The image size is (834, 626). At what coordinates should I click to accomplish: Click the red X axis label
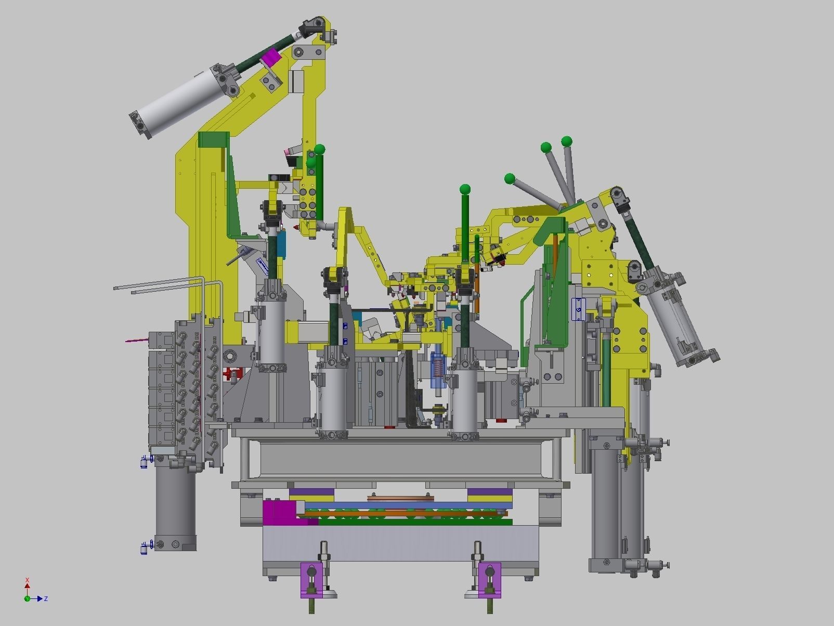coord(27,580)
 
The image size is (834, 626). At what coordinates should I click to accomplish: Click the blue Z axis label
coord(46,599)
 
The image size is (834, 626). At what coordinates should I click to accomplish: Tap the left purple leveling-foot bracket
coord(311,580)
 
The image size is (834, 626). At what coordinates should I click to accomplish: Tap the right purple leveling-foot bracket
coord(489,580)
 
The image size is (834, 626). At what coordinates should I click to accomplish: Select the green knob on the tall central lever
coord(465,189)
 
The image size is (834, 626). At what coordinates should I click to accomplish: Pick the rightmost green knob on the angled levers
coord(566,141)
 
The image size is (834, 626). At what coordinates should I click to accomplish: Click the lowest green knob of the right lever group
coord(510,179)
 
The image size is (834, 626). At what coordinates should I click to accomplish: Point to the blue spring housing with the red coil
coord(438,369)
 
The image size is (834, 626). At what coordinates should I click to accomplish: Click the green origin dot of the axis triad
coord(27,598)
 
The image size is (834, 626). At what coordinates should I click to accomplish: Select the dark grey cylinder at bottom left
coord(175,504)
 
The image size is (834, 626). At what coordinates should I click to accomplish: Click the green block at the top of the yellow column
coord(213,140)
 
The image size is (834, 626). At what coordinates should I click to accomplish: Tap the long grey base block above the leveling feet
coord(400,542)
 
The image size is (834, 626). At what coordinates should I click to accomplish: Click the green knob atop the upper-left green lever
coord(320,150)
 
